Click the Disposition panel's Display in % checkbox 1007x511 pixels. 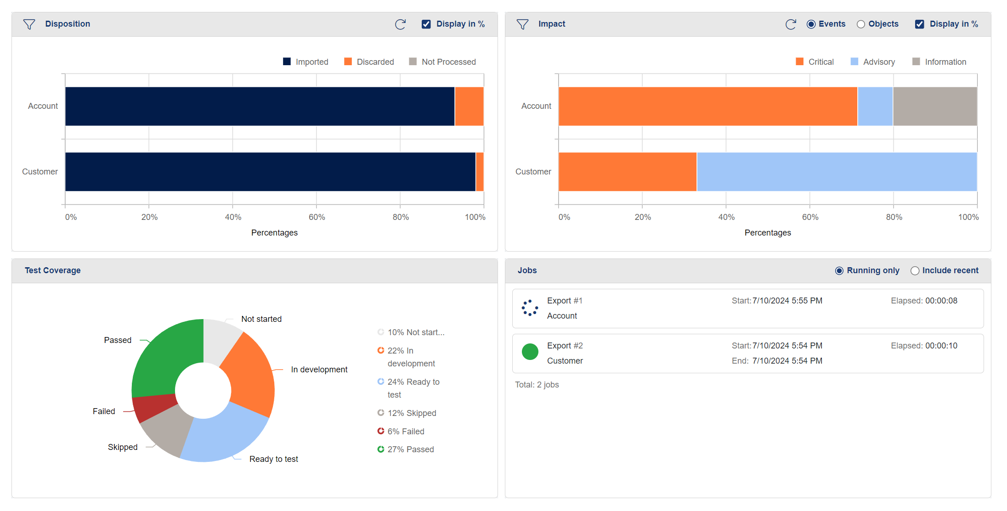426,24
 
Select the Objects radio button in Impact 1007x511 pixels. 861,24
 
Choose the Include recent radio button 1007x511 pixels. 915,271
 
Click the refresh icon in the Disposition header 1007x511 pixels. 400,24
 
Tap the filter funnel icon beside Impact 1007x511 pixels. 522,24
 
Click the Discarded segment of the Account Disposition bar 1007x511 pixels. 469,107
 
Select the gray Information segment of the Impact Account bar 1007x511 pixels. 935,107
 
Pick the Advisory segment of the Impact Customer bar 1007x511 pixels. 837,172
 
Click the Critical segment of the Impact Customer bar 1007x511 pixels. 628,172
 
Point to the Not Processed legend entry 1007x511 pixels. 443,62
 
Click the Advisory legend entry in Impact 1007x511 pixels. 873,62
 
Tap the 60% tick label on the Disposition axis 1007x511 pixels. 317,217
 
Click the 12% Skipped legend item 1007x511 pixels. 407,413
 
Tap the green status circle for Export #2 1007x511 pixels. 530,352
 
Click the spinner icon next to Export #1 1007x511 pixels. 530,308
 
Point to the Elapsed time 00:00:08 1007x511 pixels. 941,301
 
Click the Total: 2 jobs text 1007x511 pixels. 537,385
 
